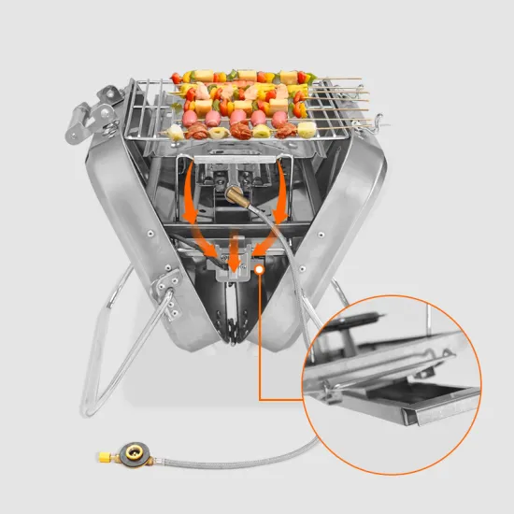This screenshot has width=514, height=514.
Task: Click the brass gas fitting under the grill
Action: tap(231, 193)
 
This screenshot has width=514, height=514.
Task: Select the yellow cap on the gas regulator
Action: tap(100, 458)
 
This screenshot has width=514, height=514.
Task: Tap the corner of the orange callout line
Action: tap(260, 399)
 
